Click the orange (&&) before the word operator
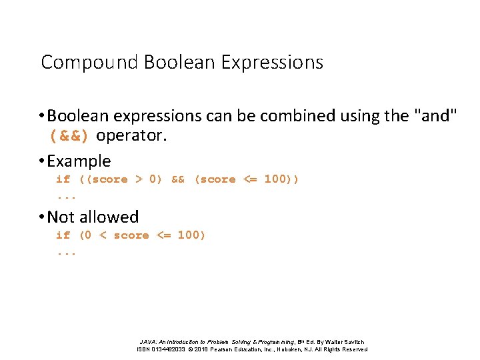[x=70, y=137]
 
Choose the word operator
[x=130, y=137]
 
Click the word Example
[x=79, y=161]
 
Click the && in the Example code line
[x=178, y=179]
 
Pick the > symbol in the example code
[x=139, y=179]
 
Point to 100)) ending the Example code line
[x=282, y=179]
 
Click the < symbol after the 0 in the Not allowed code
[x=103, y=235]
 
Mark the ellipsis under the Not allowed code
[x=67, y=254]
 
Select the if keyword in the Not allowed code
[x=63, y=235]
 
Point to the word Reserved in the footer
[x=353, y=349]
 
